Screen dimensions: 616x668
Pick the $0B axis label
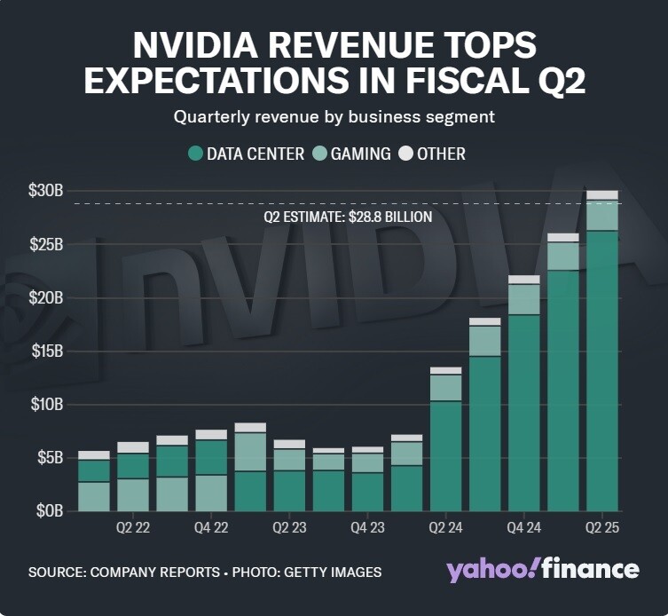click(50, 511)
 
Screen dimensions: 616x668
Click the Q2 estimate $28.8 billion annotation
click(348, 217)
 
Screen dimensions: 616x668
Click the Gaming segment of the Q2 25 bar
click(602, 216)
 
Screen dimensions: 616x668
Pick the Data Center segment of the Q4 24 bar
click(524, 413)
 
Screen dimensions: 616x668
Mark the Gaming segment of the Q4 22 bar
click(211, 493)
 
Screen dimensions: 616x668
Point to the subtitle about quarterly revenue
click(334, 116)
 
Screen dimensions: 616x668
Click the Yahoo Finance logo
click(542, 569)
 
